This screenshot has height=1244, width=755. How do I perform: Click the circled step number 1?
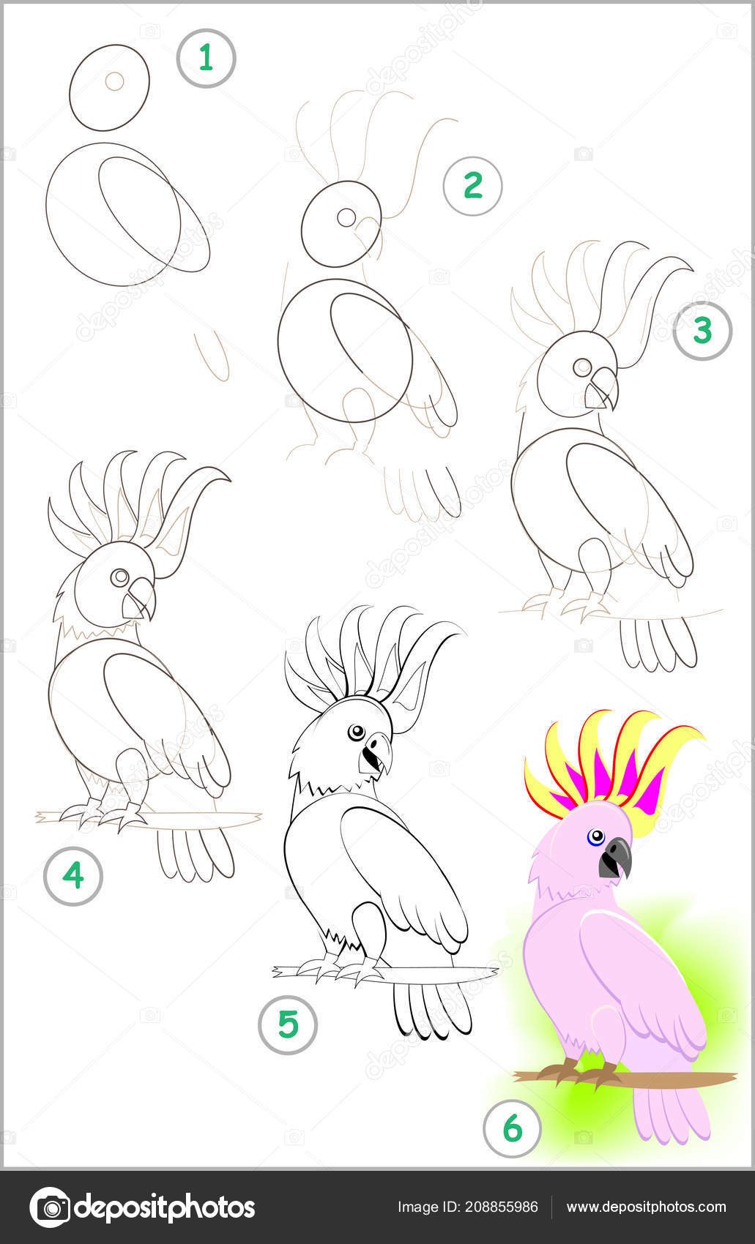pos(207,58)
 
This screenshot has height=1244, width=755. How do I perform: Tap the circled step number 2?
pos(472,185)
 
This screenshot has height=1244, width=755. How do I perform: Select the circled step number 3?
pos(702,331)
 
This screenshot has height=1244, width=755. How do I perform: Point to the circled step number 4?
pos(72,876)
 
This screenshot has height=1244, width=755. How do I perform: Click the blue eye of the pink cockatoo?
pos(595,836)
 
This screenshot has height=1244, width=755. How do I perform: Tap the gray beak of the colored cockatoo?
pos(616,859)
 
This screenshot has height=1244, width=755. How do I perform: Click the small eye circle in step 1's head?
pos(114,81)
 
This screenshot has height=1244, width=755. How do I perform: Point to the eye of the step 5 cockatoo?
pos(357,732)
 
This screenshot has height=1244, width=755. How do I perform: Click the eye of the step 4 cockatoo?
pos(119,577)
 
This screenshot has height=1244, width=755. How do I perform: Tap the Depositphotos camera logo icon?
pos(50,1208)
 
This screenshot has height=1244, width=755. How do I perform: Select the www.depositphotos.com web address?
pos(646,1207)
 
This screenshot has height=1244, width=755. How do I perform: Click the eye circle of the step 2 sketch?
pos(346,217)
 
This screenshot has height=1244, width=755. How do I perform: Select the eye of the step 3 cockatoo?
pos(582,367)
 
